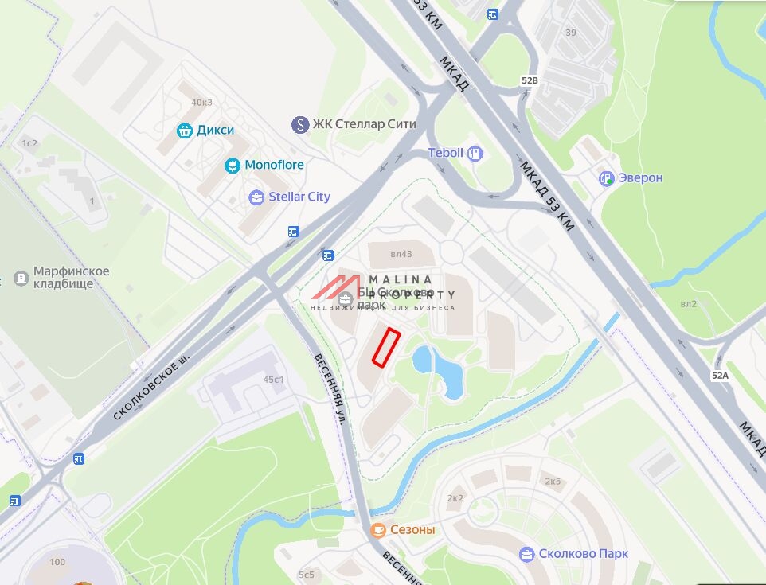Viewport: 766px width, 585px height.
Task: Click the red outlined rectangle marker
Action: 385,348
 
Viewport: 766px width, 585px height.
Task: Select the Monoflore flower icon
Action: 231,166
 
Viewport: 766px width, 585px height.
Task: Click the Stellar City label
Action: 299,197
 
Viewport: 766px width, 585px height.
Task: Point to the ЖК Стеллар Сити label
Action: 364,124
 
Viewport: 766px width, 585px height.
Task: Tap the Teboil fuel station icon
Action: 475,153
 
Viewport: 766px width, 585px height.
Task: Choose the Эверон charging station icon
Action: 607,178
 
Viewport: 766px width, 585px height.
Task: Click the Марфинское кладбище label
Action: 72,277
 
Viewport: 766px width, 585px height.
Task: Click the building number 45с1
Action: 274,380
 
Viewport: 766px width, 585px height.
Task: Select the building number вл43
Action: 401,255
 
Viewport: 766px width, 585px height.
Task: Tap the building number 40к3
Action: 201,102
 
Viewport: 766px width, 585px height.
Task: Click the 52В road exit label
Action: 530,80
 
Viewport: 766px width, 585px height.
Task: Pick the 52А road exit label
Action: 720,375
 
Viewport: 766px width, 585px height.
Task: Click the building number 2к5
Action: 553,482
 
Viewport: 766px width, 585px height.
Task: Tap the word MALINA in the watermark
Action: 401,279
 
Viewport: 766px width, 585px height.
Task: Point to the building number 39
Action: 570,33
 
